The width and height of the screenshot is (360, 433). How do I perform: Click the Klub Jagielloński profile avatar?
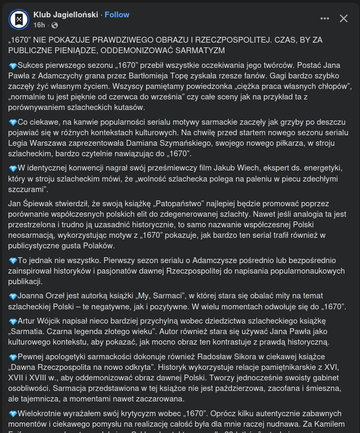tap(19, 19)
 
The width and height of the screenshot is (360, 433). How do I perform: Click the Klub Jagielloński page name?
tap(65, 15)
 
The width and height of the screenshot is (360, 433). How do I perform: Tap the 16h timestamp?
tap(39, 25)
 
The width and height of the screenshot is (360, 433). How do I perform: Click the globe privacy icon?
tap(54, 25)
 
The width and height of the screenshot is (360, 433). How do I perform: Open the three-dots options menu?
tap(325, 18)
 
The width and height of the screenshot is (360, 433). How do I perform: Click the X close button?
tap(344, 18)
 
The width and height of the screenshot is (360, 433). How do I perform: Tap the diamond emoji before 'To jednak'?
tap(13, 260)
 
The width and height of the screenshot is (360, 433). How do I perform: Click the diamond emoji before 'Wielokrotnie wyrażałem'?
tap(13, 413)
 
